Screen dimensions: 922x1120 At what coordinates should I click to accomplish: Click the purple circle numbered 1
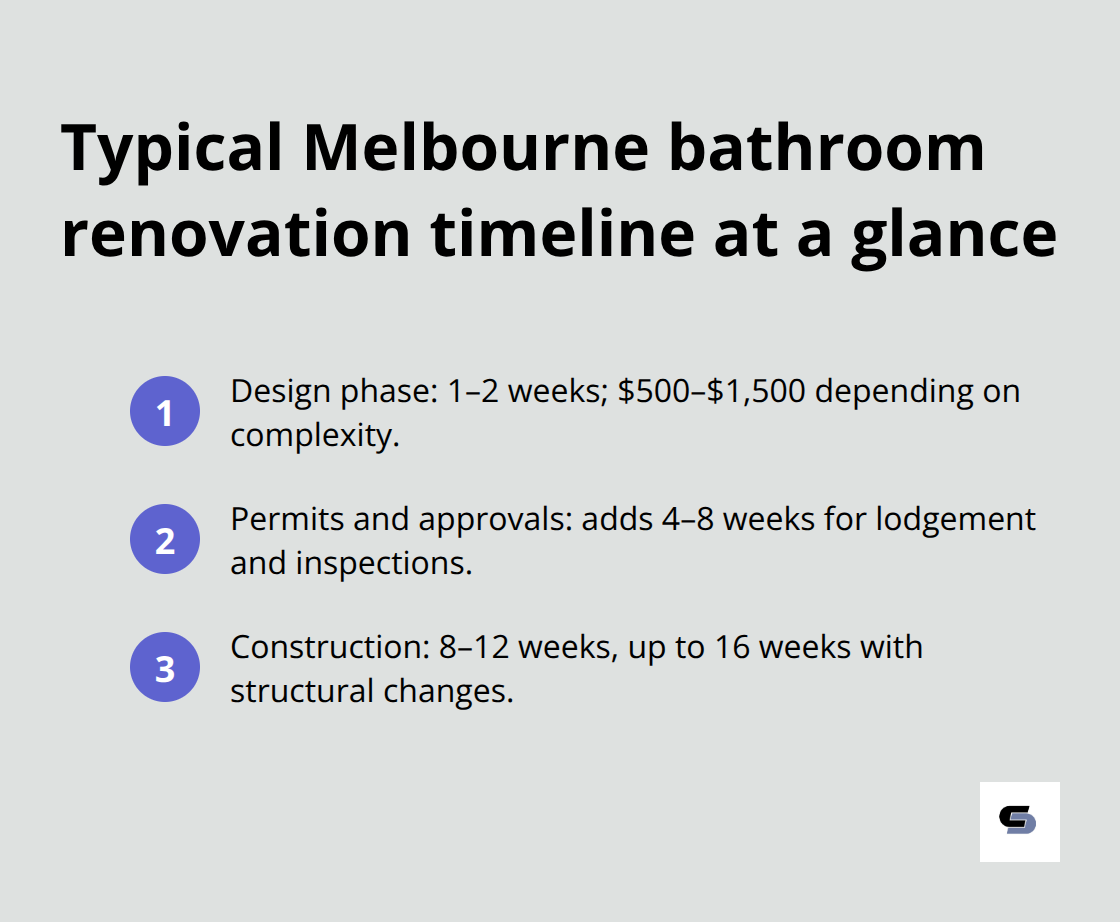[x=165, y=411]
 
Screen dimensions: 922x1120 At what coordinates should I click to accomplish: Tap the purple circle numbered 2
[x=165, y=540]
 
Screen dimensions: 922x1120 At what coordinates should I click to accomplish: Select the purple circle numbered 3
[x=165, y=668]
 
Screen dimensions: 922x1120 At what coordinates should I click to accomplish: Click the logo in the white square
[x=1019, y=821]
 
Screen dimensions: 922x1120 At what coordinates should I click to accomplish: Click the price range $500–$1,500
[x=711, y=391]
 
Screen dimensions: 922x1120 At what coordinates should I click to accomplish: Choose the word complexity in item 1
[x=313, y=436]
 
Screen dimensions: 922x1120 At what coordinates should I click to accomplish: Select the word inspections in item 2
[x=382, y=564]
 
